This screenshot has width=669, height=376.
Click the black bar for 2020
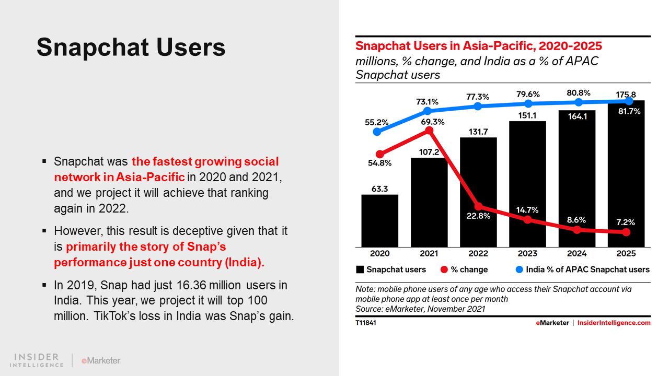(x=380, y=220)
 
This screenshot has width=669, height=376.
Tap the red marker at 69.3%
(x=430, y=131)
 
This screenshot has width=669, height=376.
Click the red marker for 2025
(x=627, y=232)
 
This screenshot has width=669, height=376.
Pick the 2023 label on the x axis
(x=527, y=254)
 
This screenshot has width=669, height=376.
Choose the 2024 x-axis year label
(x=577, y=254)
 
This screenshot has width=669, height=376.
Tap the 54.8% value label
(x=380, y=163)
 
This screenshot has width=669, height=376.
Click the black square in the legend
(x=360, y=269)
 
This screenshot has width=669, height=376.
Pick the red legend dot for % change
(x=444, y=269)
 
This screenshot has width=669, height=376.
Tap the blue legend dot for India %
(x=519, y=269)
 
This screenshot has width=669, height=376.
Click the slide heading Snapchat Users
(x=131, y=47)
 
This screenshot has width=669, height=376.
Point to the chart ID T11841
(x=366, y=323)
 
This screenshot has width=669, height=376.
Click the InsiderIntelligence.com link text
(x=614, y=323)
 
